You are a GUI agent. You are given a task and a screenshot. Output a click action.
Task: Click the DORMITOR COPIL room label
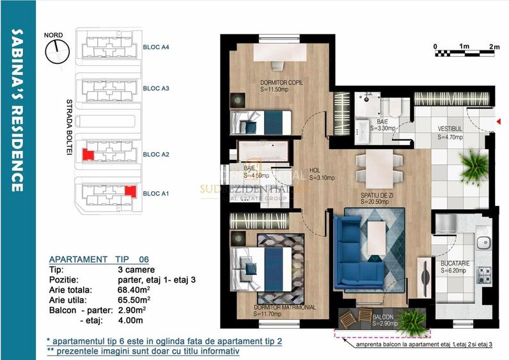281,83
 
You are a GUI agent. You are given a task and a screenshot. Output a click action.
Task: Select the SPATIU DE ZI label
375,195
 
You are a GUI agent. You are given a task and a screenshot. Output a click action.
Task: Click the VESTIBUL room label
450,129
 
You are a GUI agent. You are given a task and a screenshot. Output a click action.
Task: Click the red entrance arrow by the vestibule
497,121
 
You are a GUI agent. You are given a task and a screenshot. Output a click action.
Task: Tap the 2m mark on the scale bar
494,47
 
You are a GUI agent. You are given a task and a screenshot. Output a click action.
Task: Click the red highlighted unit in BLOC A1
130,191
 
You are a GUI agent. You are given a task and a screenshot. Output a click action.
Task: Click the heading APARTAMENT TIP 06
99,259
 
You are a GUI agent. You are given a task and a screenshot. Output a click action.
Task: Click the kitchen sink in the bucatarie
485,243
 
